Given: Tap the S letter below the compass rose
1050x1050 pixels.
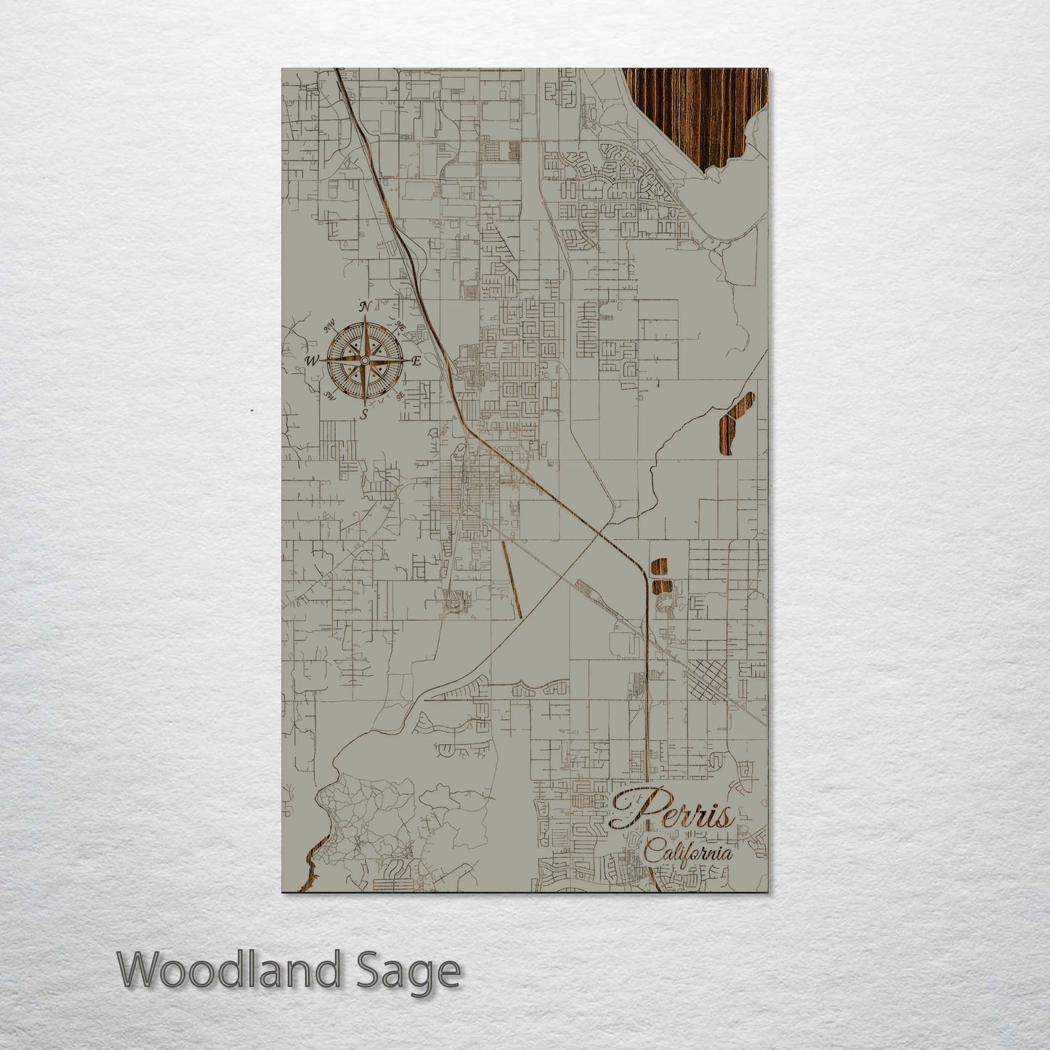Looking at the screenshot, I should click(x=366, y=414).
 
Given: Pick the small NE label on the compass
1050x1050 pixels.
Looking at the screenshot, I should click(x=400, y=326).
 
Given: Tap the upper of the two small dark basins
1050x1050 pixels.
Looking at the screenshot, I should click(x=660, y=568).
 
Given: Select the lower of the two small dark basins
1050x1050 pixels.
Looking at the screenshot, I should click(x=660, y=586).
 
